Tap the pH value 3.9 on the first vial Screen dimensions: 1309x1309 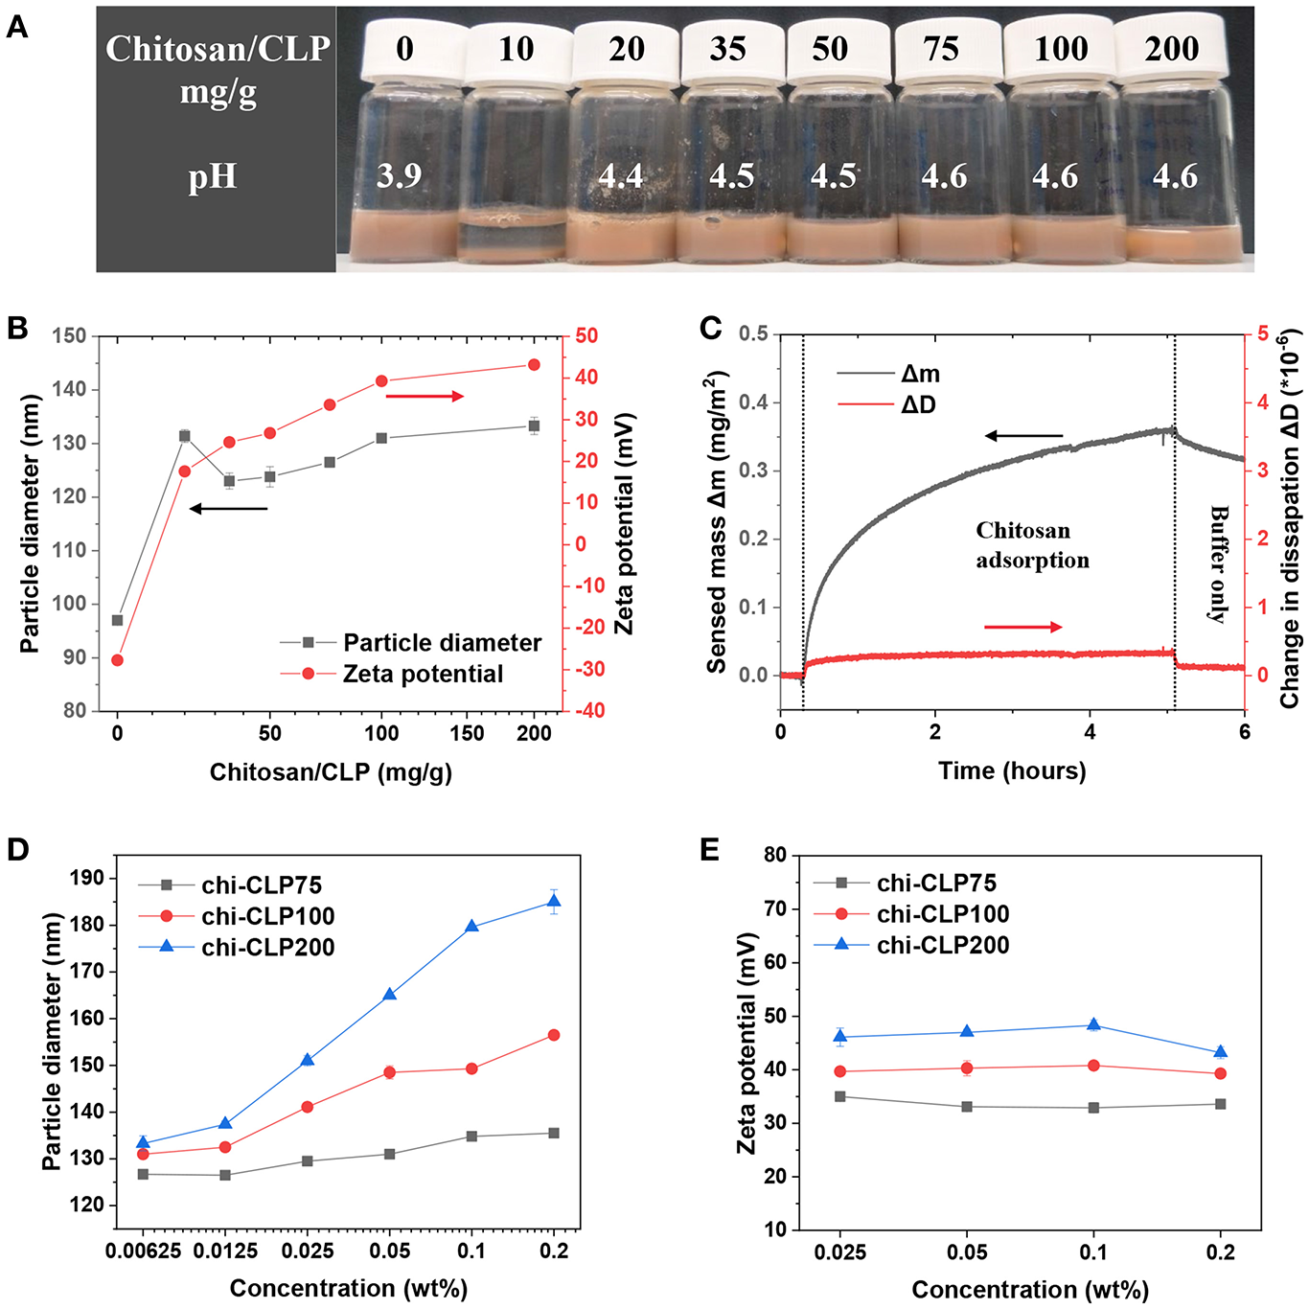(x=399, y=176)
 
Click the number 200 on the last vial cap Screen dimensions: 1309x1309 (x=1171, y=49)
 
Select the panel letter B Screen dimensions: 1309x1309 (x=17, y=328)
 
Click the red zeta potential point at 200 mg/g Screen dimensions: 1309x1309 (x=534, y=365)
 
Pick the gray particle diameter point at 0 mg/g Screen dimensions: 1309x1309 (x=118, y=620)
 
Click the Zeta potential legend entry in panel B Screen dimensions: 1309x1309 (x=422, y=674)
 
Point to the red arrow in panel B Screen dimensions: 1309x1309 (x=425, y=396)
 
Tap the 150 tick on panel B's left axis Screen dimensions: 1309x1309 (x=69, y=336)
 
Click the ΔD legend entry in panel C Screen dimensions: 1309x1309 (x=917, y=404)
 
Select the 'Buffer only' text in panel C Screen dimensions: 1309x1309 (x=1218, y=564)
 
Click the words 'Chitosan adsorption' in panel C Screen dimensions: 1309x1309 (x=1031, y=545)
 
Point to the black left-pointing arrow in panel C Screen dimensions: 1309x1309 (x=1023, y=436)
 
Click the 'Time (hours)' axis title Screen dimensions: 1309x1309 (x=1012, y=770)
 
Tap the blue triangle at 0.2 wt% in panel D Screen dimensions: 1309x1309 (x=553, y=902)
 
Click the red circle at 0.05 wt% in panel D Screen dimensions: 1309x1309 (x=390, y=1072)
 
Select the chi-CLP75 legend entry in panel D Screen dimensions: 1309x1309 (x=261, y=885)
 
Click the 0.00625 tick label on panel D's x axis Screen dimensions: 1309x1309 (x=143, y=1251)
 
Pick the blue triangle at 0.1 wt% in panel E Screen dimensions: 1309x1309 (x=1093, y=1025)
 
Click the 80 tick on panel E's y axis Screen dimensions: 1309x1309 (x=774, y=855)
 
